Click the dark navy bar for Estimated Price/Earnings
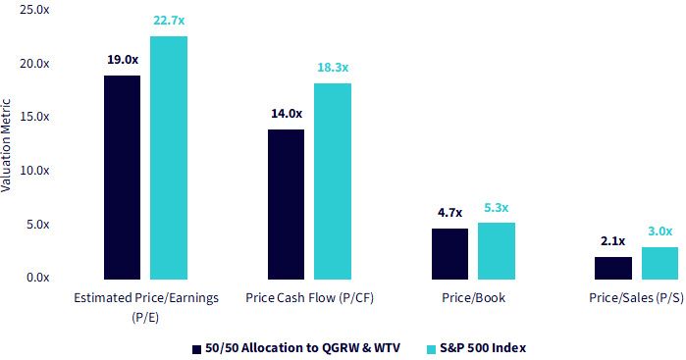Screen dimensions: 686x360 click(x=122, y=178)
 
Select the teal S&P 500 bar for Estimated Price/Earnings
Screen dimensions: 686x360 click(x=169, y=158)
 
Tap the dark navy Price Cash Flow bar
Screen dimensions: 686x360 click(x=287, y=204)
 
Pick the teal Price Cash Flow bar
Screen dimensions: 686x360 click(x=333, y=181)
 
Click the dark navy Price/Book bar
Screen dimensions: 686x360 click(x=449, y=254)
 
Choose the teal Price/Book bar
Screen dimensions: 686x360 click(x=497, y=251)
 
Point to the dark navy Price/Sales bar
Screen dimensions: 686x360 click(x=613, y=268)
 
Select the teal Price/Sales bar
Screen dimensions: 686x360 click(x=660, y=263)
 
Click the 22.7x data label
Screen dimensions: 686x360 click(x=169, y=21)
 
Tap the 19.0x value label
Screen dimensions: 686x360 click(x=123, y=60)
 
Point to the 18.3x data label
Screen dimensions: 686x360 click(x=333, y=68)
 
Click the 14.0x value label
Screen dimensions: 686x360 click(x=287, y=114)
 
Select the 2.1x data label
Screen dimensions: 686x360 click(x=613, y=241)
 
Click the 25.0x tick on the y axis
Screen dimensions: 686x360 click(x=34, y=10)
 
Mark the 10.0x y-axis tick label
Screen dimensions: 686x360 click(x=34, y=170)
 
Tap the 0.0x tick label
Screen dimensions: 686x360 click(x=37, y=278)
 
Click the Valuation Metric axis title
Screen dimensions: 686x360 click(x=6, y=145)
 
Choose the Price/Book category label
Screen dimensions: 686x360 click(x=473, y=298)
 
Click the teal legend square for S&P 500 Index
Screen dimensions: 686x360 click(x=432, y=349)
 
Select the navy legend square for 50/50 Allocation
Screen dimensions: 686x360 click(x=197, y=349)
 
